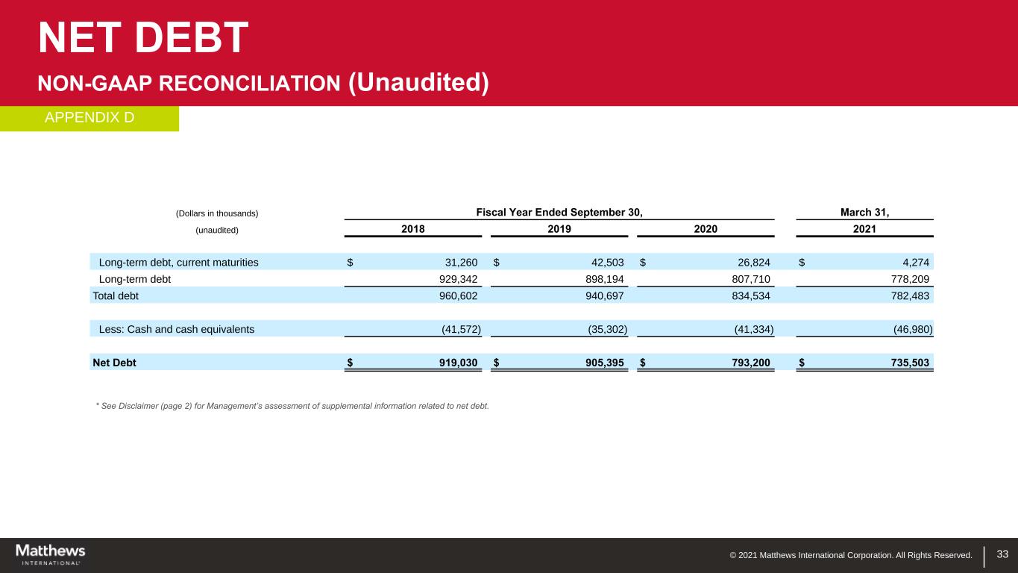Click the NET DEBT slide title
click(x=143, y=38)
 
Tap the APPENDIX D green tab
click(x=89, y=118)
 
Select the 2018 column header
click(x=413, y=229)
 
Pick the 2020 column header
click(x=706, y=229)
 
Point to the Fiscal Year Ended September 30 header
click(x=559, y=213)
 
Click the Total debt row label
click(x=116, y=295)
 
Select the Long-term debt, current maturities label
click(x=179, y=262)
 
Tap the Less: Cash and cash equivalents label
click(x=176, y=328)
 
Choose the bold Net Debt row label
click(x=114, y=363)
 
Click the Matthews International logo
click(x=51, y=554)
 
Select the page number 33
click(x=1002, y=554)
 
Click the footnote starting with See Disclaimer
click(x=292, y=406)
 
